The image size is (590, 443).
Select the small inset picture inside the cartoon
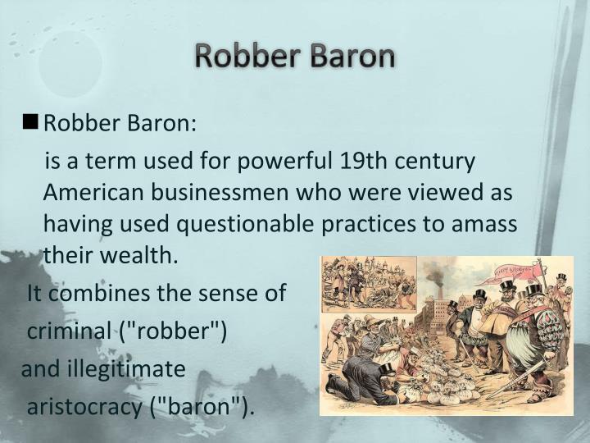369,283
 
